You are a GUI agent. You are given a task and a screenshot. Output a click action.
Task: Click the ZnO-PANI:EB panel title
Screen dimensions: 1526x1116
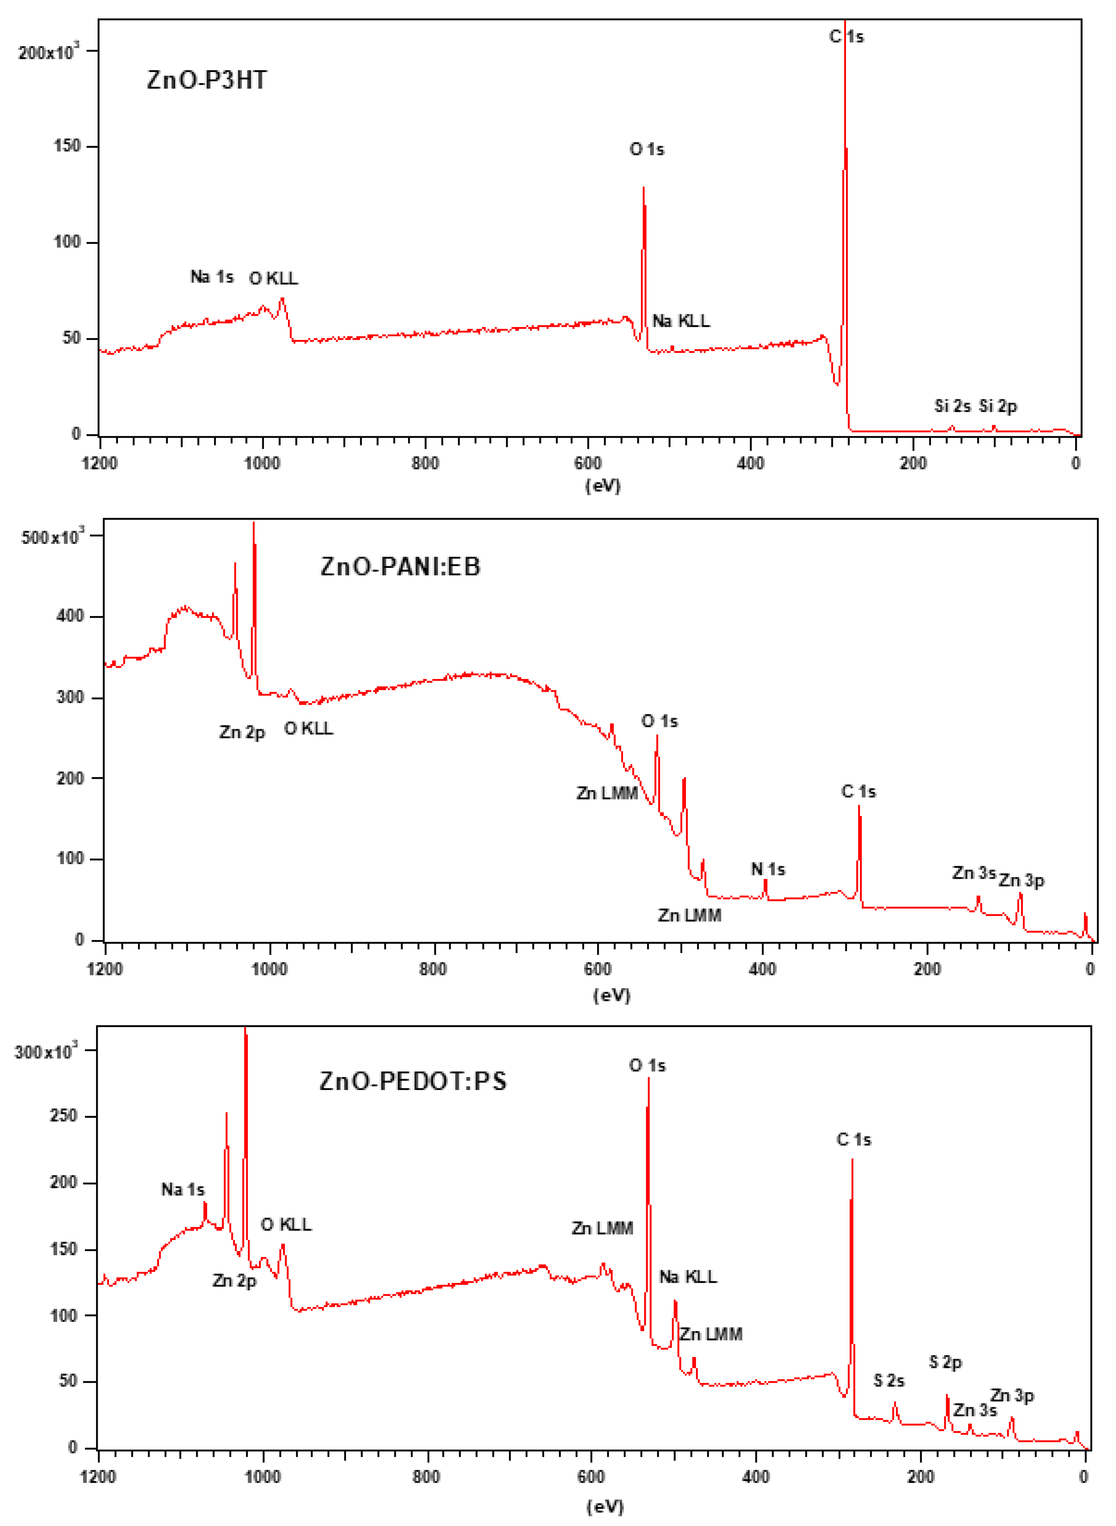click(400, 566)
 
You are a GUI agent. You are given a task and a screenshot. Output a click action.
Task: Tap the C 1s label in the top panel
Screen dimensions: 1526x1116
click(846, 36)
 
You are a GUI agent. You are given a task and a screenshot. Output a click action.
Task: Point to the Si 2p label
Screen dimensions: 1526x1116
click(998, 406)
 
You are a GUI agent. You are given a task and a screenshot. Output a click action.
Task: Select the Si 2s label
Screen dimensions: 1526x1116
click(953, 406)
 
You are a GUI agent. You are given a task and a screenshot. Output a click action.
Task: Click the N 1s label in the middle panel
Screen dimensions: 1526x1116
click(768, 869)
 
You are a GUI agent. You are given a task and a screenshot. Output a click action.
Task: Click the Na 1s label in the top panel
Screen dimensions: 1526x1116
click(212, 277)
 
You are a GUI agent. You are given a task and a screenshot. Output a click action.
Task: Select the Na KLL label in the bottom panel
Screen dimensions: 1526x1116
click(688, 1277)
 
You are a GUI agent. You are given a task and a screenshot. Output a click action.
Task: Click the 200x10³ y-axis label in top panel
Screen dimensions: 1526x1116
click(48, 52)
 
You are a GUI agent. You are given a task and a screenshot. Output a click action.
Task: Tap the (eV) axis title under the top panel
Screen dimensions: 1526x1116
click(603, 486)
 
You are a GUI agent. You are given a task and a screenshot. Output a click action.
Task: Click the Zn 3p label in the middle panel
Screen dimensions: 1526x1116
click(1021, 881)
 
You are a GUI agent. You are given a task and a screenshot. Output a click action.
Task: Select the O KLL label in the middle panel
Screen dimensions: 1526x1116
click(309, 729)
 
